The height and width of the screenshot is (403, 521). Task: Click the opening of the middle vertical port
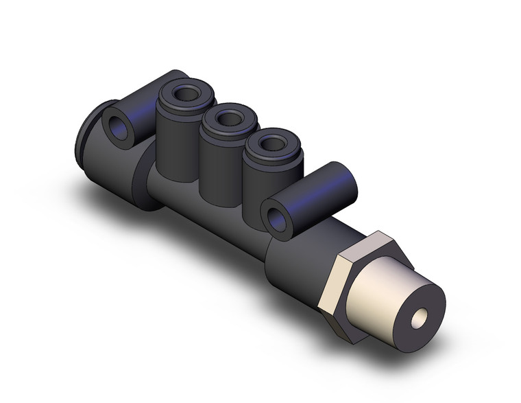tap(225, 119)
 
